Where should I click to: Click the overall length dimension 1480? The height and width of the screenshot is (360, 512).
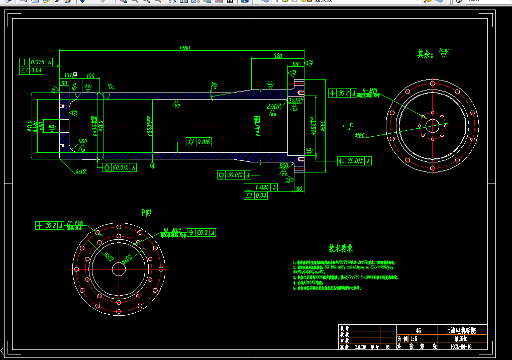(x=184, y=48)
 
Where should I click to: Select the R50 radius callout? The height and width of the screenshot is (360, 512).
(x=82, y=142)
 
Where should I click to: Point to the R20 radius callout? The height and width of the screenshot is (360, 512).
(x=284, y=165)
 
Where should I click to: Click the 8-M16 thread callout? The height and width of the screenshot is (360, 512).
(x=372, y=91)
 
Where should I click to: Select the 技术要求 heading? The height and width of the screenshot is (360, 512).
(x=341, y=248)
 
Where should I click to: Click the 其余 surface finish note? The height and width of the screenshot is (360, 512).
(x=425, y=54)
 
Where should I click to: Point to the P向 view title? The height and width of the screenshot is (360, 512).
(x=146, y=213)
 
